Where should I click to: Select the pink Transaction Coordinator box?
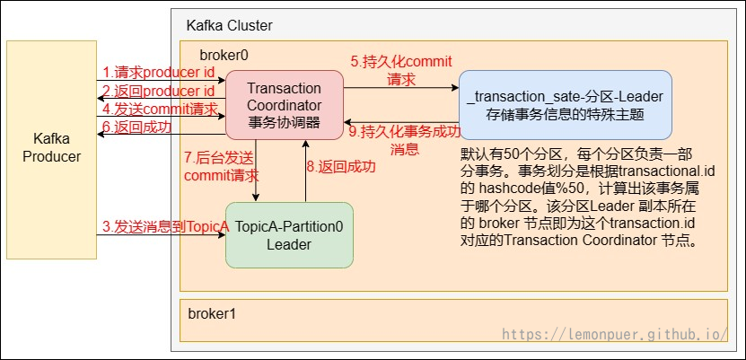tap(284, 105)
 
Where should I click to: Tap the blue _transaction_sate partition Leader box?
tap(565, 105)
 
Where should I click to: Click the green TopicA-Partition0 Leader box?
tap(288, 236)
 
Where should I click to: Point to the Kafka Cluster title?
tap(229, 25)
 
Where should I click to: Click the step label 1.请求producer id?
tap(158, 72)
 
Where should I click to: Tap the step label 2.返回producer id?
tap(158, 91)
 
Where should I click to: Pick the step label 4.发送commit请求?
tap(160, 110)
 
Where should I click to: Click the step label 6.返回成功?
tap(136, 127)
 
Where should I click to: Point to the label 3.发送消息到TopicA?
tap(165, 227)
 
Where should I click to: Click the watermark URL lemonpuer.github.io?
tap(614, 334)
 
